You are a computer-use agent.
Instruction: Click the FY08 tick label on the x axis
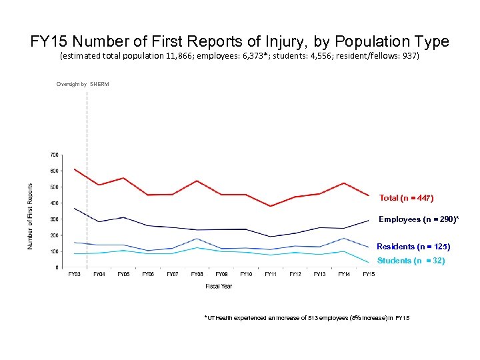pyautogui.click(x=197, y=275)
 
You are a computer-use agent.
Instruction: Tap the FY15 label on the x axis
pyautogui.click(x=367, y=275)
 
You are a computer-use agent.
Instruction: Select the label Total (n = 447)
pyautogui.click(x=406, y=198)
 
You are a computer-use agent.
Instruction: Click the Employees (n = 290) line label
pyautogui.click(x=418, y=219)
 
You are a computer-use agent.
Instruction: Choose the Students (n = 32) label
pyautogui.click(x=411, y=261)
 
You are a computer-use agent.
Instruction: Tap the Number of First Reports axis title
pyautogui.click(x=31, y=217)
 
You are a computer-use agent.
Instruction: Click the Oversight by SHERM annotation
pyautogui.click(x=83, y=85)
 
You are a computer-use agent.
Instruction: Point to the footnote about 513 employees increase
pyautogui.click(x=307, y=317)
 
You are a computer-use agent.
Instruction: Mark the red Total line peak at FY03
pyautogui.click(x=75, y=169)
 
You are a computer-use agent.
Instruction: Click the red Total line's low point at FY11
pyautogui.click(x=270, y=206)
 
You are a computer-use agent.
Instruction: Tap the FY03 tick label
pyautogui.click(x=75, y=275)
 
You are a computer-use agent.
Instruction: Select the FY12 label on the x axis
pyautogui.click(x=294, y=275)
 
